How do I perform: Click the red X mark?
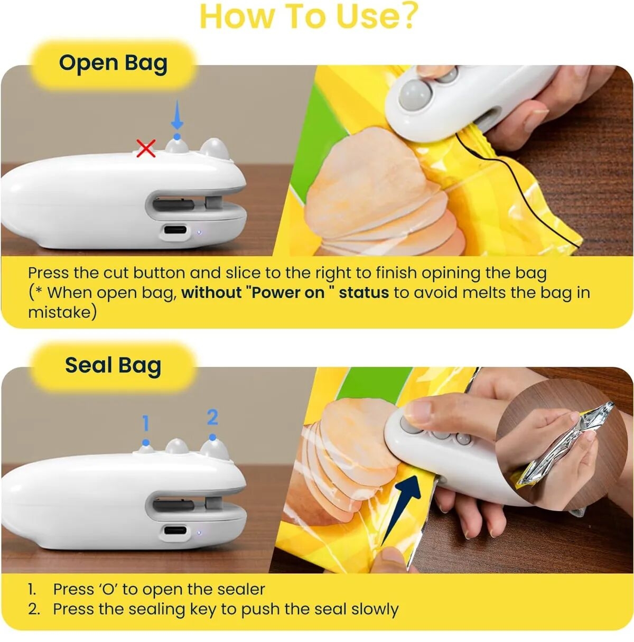pyautogui.click(x=146, y=148)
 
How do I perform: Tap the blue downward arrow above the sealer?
pyautogui.click(x=177, y=114)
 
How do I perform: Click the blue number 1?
pyautogui.click(x=145, y=423)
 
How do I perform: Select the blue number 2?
pyautogui.click(x=212, y=417)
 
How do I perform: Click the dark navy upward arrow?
pyautogui.click(x=401, y=515)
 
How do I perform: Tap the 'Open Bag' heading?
pyautogui.click(x=113, y=63)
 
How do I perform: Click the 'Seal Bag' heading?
pyautogui.click(x=113, y=366)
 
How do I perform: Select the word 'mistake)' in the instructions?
pyautogui.click(x=62, y=312)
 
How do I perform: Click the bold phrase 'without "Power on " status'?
pyautogui.click(x=285, y=293)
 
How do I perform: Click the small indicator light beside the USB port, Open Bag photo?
pyautogui.click(x=199, y=232)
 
